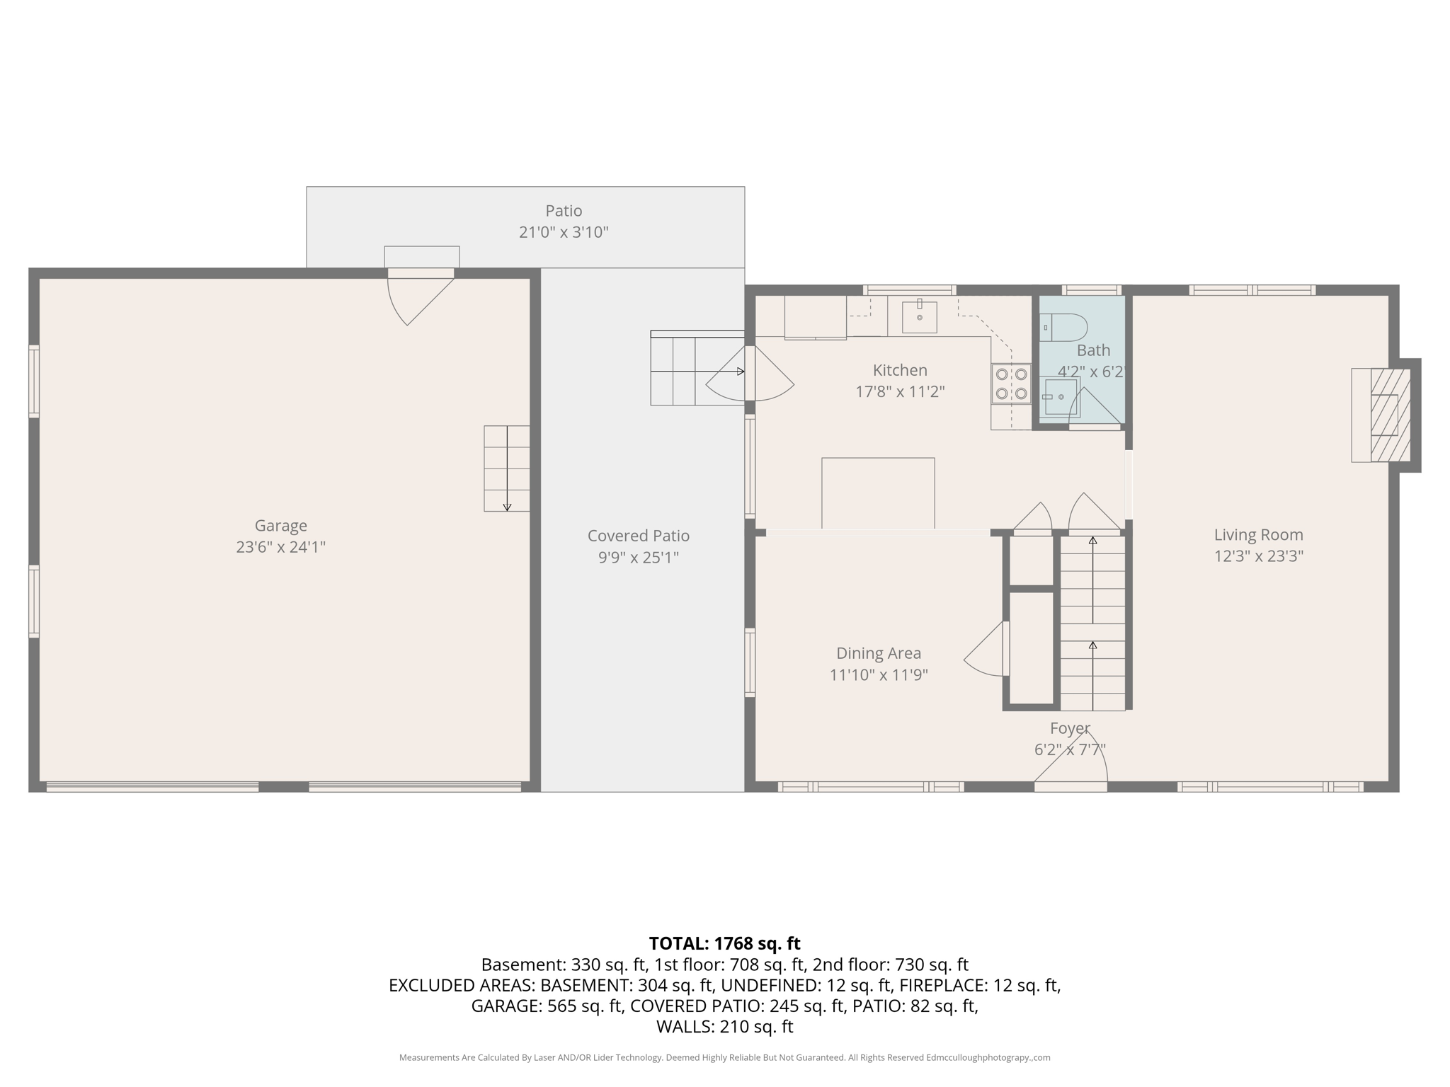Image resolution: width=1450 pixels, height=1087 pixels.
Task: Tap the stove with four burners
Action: [x=1011, y=384]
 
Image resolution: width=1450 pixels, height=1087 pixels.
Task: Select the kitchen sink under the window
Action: [x=919, y=317]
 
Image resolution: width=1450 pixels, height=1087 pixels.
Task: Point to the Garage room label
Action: [x=280, y=526]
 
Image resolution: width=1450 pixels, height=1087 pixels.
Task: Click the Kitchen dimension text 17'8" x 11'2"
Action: [x=900, y=391]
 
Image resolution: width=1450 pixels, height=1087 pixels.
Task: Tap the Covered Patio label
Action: [x=638, y=536]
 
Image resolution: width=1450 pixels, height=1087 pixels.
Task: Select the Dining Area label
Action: [x=879, y=653]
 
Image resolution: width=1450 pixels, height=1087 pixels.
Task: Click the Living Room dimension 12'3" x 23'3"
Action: [x=1258, y=556]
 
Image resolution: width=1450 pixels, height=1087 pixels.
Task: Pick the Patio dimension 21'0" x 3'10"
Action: [x=564, y=232]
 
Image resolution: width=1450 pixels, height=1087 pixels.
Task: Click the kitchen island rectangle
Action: [x=878, y=493]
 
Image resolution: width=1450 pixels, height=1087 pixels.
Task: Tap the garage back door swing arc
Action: [x=421, y=301]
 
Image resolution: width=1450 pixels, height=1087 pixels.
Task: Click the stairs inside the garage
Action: [x=506, y=468]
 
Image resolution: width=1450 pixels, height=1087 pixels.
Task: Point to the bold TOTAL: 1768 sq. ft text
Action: [x=724, y=943]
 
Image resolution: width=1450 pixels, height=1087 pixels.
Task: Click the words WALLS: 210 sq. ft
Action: [x=724, y=1027]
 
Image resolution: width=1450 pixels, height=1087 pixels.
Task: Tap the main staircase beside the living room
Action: [x=1092, y=623]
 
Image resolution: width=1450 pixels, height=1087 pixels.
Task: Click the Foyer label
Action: [x=1069, y=728]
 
